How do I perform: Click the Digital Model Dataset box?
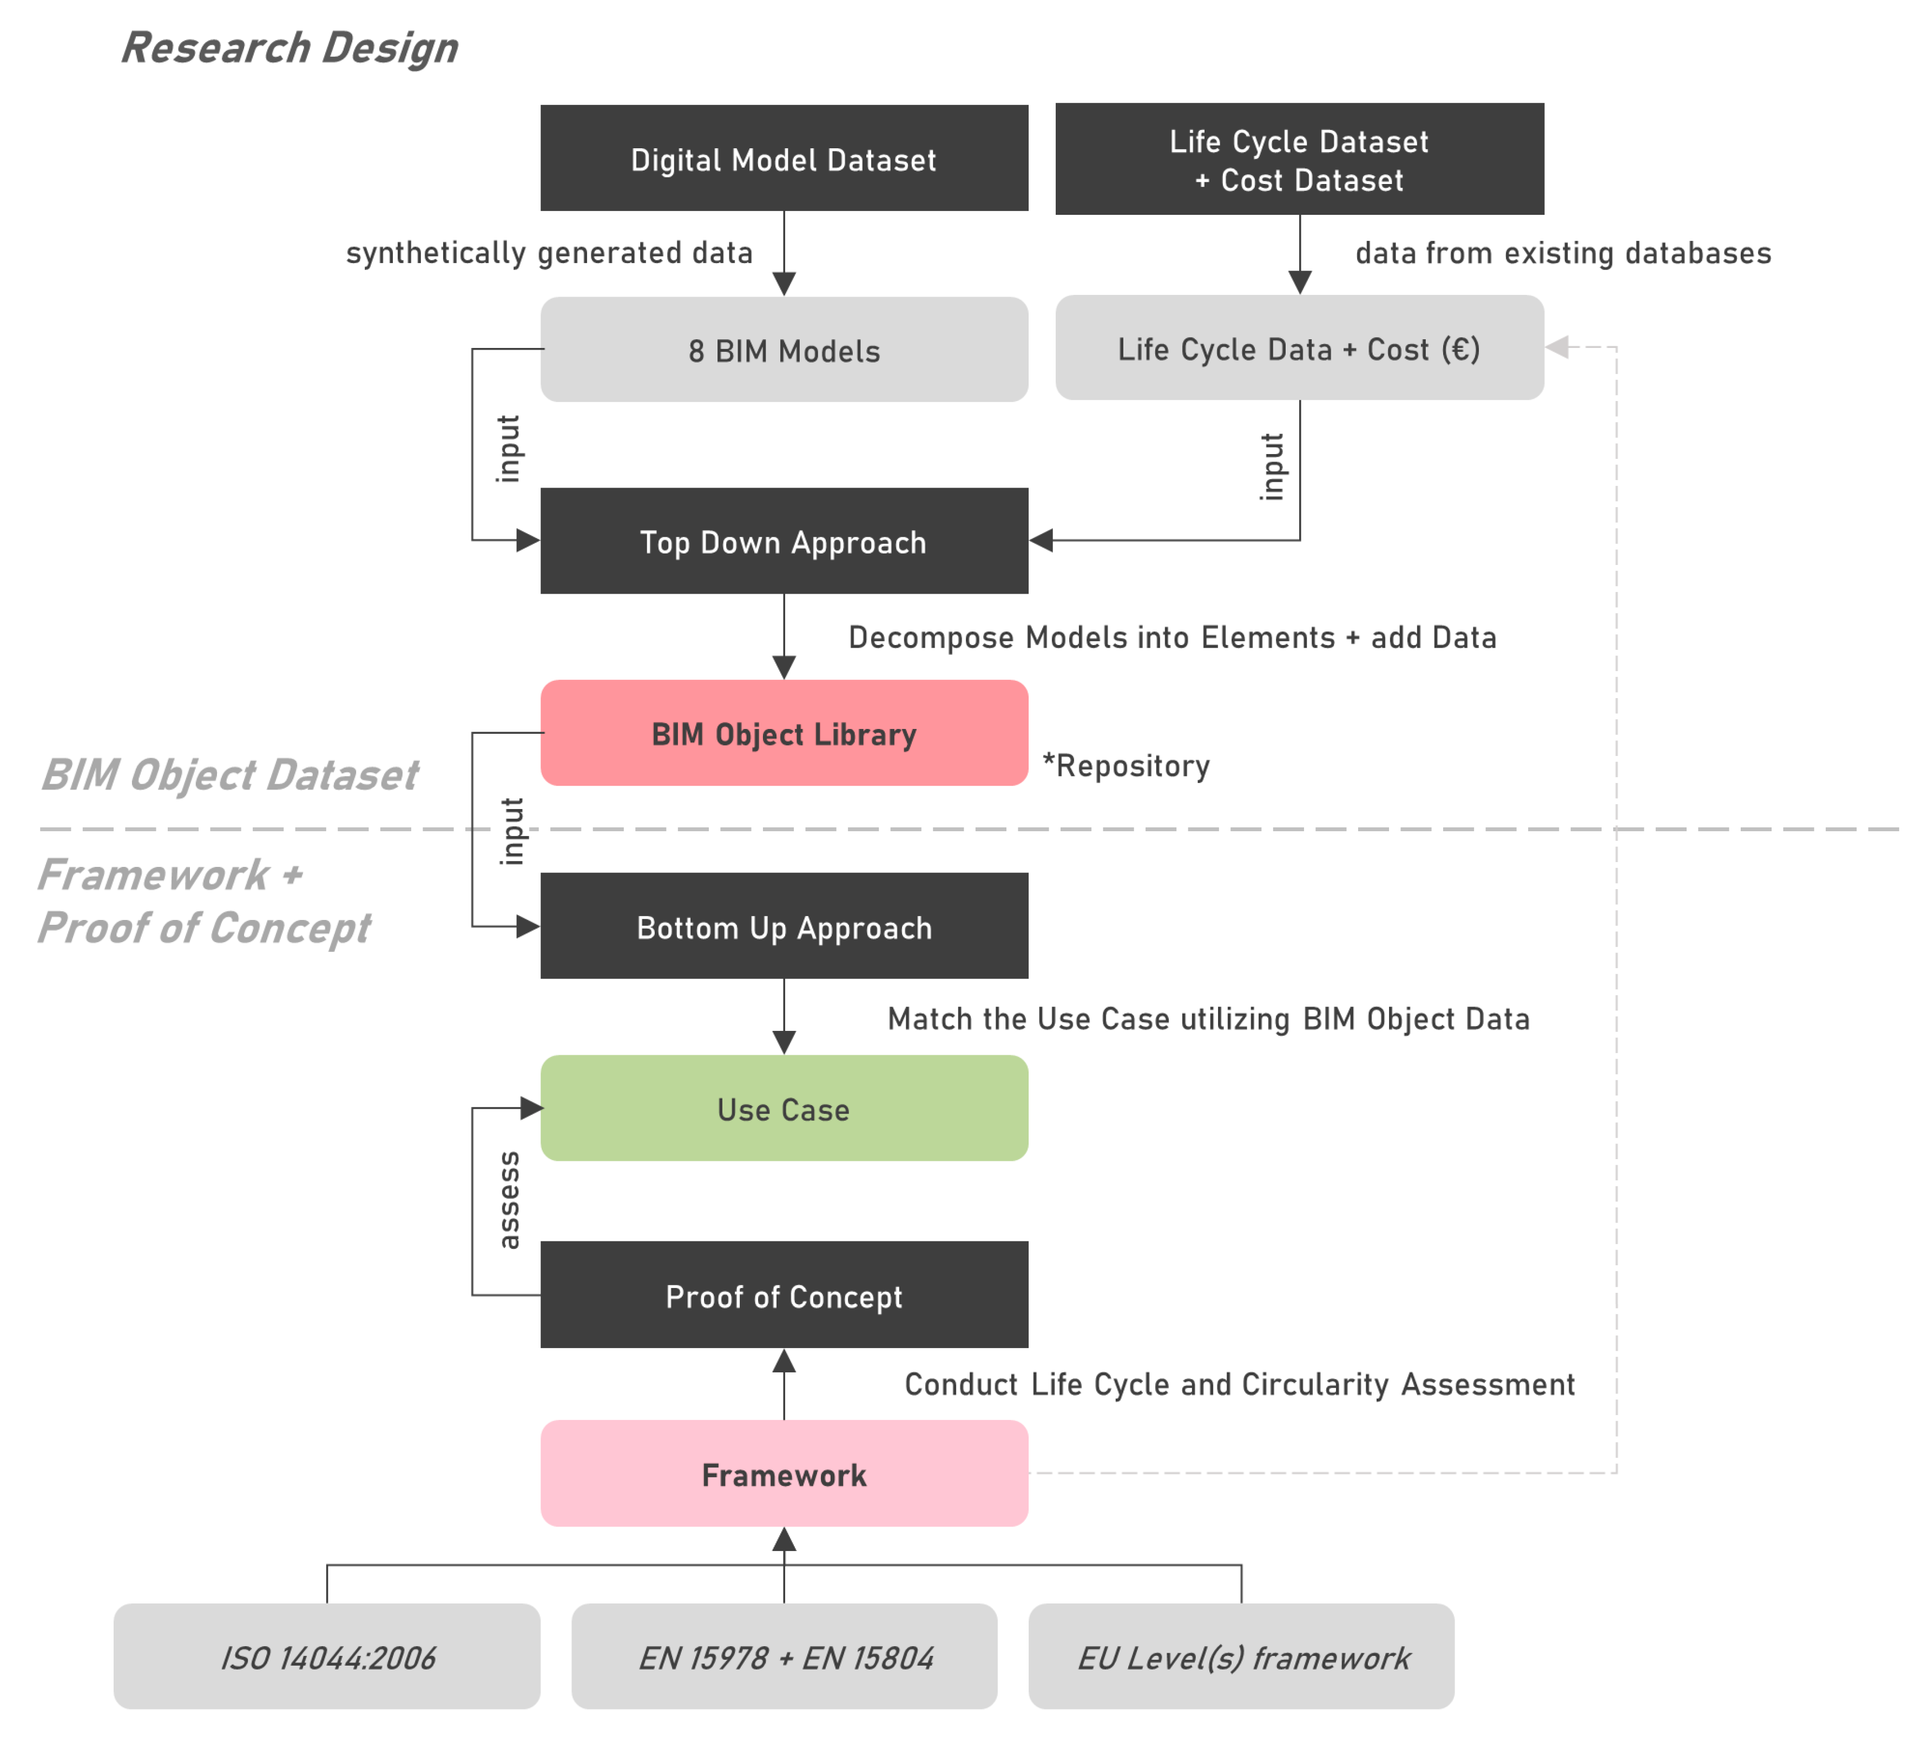pyautogui.click(x=784, y=158)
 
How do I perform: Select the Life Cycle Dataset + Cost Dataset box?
pyautogui.click(x=1299, y=159)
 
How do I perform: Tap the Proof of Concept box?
pyautogui.click(x=784, y=1295)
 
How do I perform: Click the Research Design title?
pyautogui.click(x=289, y=48)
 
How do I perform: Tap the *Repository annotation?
pyautogui.click(x=1126, y=766)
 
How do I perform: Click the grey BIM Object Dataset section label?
pyautogui.click(x=229, y=774)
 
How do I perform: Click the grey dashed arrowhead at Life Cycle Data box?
pyautogui.click(x=1557, y=347)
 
